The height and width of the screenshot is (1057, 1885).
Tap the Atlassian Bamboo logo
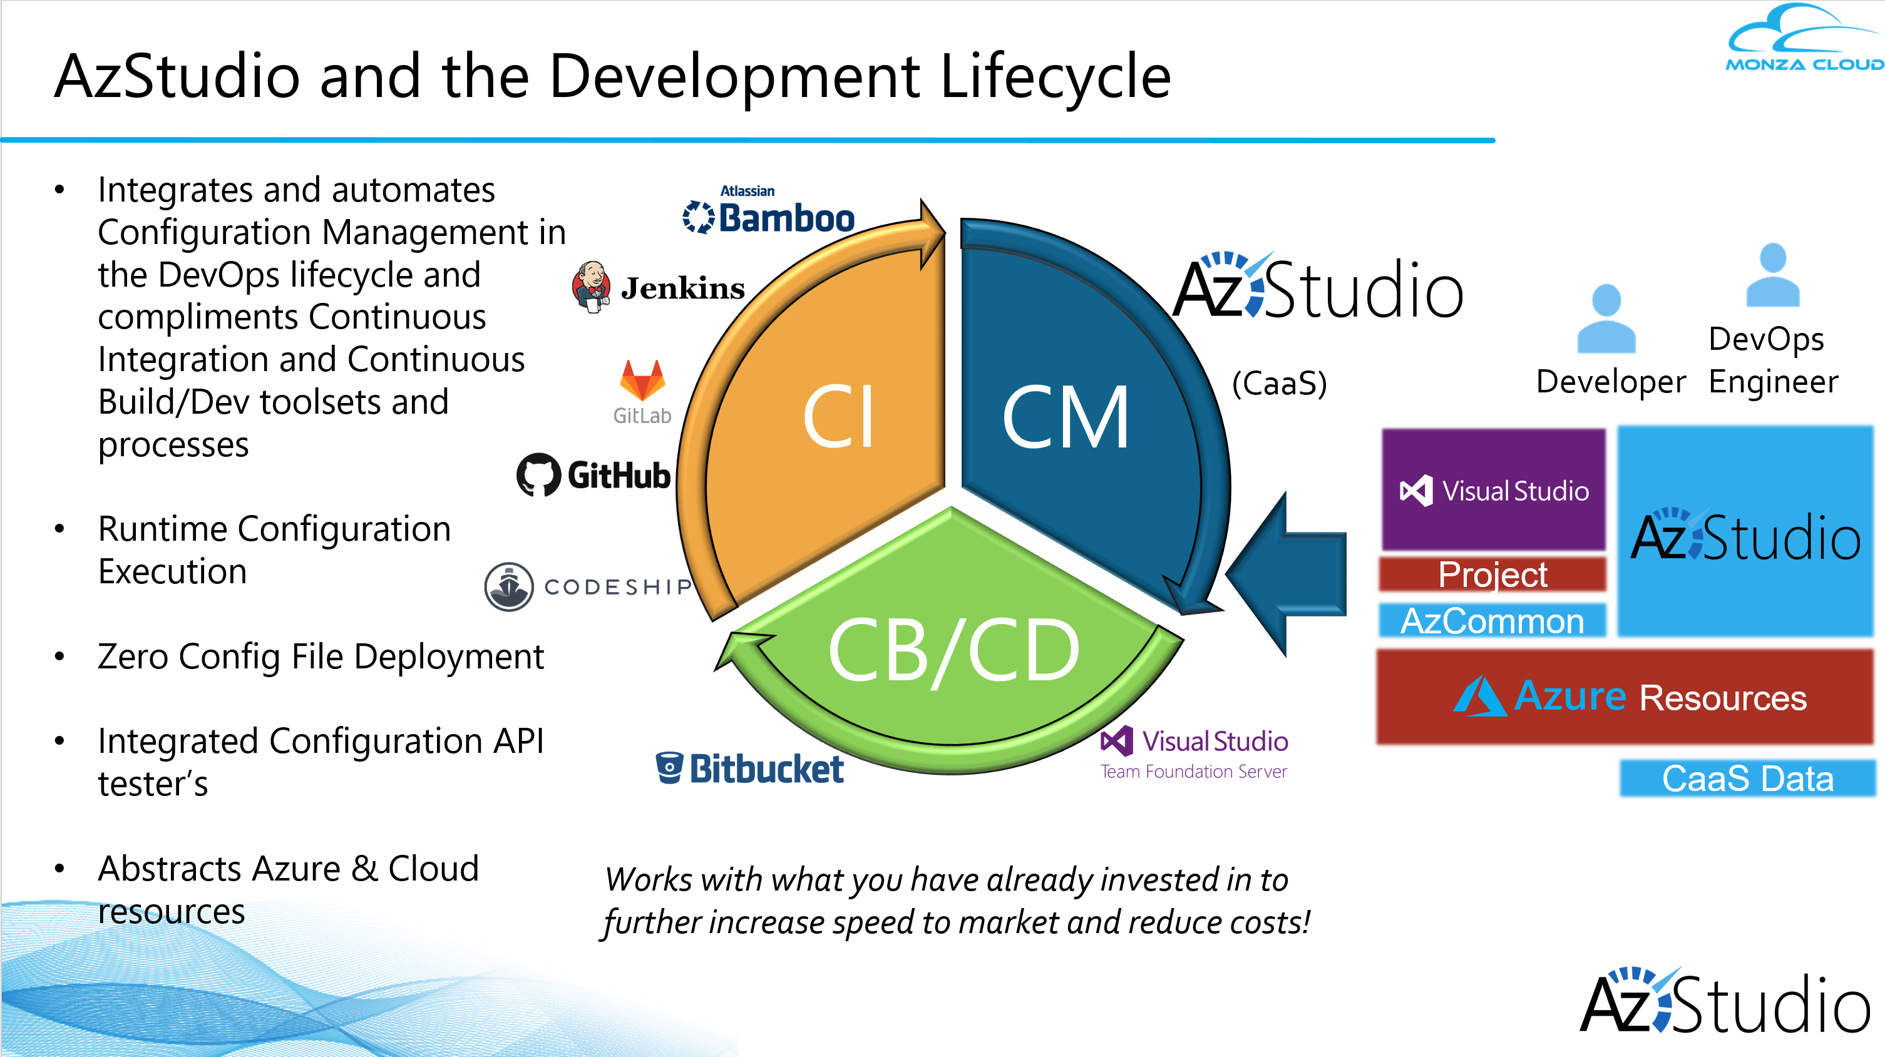tap(768, 212)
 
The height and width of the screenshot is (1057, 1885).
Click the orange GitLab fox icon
tap(642, 380)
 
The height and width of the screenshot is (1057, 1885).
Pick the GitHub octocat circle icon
tap(538, 475)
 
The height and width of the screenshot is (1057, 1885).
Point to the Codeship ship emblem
tap(508, 586)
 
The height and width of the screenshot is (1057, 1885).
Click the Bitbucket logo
tap(750, 768)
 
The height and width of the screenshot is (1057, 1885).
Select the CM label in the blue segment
tap(1065, 419)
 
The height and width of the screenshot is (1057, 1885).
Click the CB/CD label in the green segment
tap(953, 650)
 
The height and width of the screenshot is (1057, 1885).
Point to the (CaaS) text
tap(1279, 383)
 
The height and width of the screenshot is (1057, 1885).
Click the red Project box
tap(1492, 574)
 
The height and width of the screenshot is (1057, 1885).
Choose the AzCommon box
tap(1492, 621)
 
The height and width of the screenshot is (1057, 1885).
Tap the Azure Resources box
tap(1625, 697)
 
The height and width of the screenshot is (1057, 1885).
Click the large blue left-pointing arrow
tap(1288, 575)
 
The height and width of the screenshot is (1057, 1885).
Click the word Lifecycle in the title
tap(1054, 77)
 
